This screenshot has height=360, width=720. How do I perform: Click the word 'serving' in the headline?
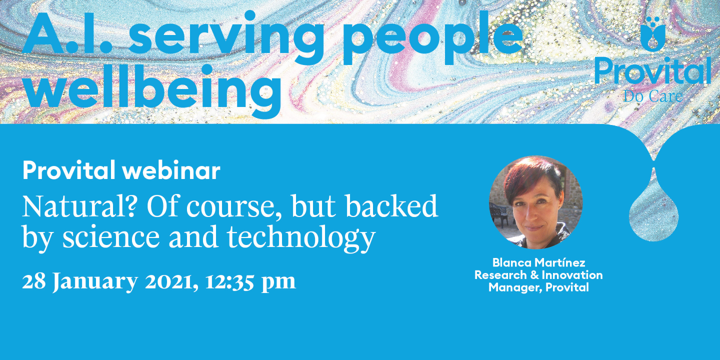pyautogui.click(x=226, y=38)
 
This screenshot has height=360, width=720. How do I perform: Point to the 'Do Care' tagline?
pyautogui.click(x=653, y=96)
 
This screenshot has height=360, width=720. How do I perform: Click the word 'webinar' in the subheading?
pyautogui.click(x=171, y=170)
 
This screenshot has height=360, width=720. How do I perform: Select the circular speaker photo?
pyautogui.click(x=536, y=202)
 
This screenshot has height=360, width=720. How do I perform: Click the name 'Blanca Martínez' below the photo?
pyautogui.click(x=538, y=262)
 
